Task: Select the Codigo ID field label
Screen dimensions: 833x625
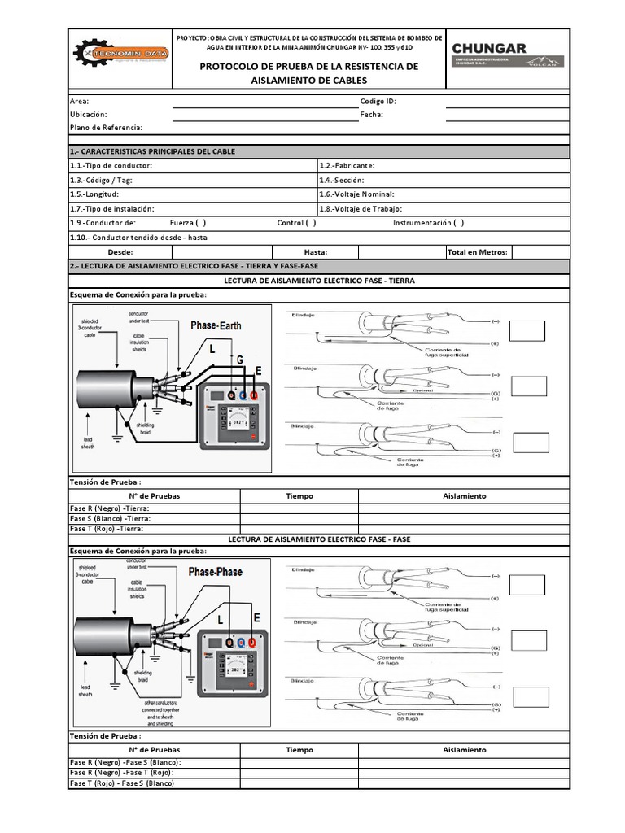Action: tap(378, 102)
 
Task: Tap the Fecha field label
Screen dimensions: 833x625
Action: tap(371, 115)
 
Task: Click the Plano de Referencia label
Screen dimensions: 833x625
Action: tap(106, 128)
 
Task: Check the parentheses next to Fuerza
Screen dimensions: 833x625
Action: tap(199, 223)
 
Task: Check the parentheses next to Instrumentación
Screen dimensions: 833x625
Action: tap(459, 223)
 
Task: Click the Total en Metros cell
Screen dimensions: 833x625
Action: tap(478, 252)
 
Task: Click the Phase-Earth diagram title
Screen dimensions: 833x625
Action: tap(215, 325)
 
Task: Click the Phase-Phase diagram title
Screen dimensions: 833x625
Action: tap(216, 572)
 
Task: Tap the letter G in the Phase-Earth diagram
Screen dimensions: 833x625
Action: tap(239, 358)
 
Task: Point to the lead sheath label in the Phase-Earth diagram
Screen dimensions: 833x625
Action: tap(89, 443)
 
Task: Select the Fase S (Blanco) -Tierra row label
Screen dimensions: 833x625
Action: tap(110, 518)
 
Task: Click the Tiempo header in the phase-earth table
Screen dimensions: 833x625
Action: tap(299, 495)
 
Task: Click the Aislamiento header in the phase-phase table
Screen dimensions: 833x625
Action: tap(464, 750)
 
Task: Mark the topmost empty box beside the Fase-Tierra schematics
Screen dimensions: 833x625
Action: tap(527, 331)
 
